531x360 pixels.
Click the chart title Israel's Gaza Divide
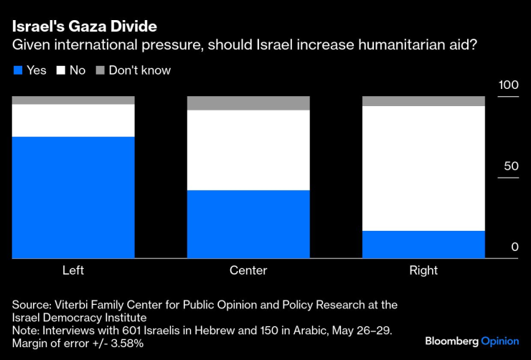84,27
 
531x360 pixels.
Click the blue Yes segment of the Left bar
73,196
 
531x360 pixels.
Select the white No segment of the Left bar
73,120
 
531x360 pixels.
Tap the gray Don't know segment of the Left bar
73,100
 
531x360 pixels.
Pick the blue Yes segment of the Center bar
248,224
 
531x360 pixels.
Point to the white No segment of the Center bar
248,150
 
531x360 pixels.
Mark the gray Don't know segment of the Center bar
248,103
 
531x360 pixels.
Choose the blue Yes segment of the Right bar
423,244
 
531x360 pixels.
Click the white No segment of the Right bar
423,168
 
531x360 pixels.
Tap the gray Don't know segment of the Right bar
423,100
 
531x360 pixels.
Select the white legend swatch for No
60,70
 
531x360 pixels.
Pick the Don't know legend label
139,70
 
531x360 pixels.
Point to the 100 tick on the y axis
508,85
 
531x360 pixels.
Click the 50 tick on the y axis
510,166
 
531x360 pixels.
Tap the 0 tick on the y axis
514,247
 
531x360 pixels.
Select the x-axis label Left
73,270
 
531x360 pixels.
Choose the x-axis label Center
248,270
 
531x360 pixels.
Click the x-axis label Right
423,270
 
